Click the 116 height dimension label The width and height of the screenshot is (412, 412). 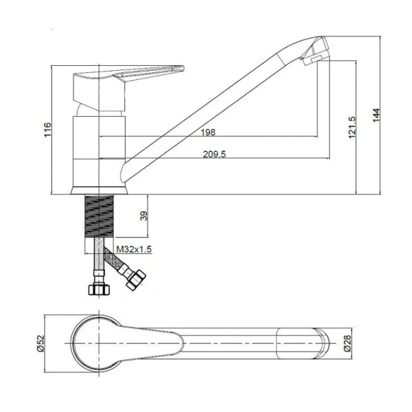click(47, 130)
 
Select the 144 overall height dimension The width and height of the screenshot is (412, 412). click(376, 115)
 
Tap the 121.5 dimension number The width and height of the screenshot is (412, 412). click(352, 128)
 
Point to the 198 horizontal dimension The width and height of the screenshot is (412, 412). click(208, 132)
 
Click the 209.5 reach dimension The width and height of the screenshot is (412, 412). click(214, 154)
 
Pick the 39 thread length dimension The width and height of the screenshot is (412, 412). click(144, 216)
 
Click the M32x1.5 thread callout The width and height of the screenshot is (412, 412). click(134, 249)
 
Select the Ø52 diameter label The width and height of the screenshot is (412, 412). click(41, 343)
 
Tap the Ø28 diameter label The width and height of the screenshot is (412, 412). click(347, 343)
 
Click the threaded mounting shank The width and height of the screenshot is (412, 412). click(99, 216)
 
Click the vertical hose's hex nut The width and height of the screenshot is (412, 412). click(99, 290)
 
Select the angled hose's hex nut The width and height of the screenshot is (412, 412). click(135, 280)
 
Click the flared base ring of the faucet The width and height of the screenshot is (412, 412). click(99, 190)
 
